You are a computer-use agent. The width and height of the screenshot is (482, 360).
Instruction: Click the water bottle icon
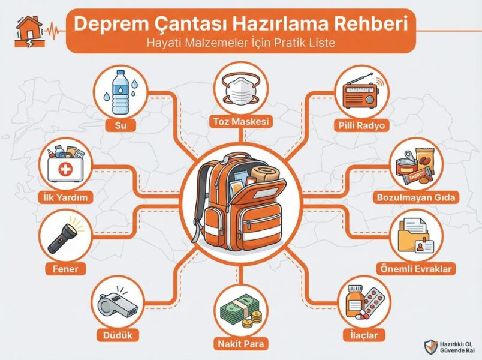[120, 92]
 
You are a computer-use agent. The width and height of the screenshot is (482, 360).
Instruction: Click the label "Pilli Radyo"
[361, 125]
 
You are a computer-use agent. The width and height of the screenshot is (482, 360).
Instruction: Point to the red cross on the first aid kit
[65, 169]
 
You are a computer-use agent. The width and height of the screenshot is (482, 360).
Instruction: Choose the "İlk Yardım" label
[65, 197]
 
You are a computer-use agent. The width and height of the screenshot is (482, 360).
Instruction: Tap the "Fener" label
[65, 269]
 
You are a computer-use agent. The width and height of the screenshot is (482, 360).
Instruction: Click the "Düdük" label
[118, 335]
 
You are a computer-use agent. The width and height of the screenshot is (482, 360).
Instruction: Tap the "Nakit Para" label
[241, 343]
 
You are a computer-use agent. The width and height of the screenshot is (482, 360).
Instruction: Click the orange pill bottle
[354, 302]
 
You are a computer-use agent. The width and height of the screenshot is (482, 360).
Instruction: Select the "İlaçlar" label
[364, 335]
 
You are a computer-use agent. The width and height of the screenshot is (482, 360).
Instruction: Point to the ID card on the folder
[424, 246]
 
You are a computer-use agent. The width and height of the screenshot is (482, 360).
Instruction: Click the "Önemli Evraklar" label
[416, 269]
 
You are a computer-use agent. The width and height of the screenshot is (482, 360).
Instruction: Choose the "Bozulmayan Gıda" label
[416, 197]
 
